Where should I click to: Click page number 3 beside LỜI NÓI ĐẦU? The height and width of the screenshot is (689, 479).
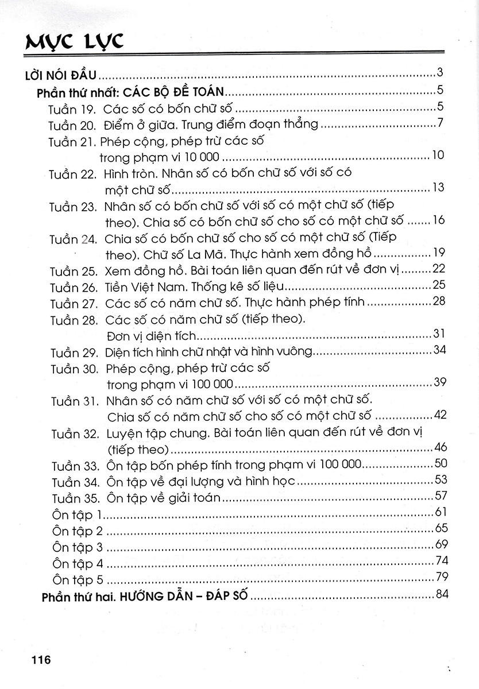439,73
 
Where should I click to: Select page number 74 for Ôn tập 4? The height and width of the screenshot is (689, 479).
441,561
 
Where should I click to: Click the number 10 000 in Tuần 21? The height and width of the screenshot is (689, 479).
201,157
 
